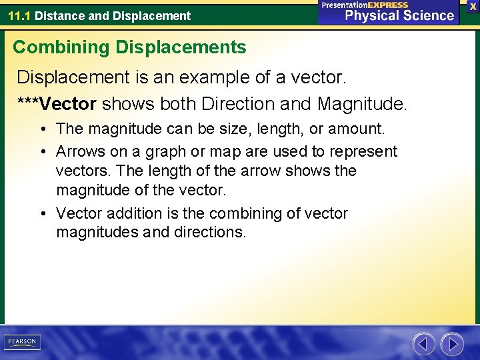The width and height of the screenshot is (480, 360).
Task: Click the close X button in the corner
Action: [473, 5]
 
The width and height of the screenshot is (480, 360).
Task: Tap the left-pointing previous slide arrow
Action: [423, 344]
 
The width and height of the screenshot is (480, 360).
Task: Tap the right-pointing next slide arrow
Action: [452, 344]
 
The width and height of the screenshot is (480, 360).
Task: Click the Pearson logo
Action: [22, 342]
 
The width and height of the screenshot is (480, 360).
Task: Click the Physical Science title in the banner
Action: [399, 15]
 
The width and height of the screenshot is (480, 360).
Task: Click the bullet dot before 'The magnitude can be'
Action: [42, 129]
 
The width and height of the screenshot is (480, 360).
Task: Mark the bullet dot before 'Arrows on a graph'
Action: [42, 152]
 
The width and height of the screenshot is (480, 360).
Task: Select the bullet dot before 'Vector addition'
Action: [42, 214]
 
